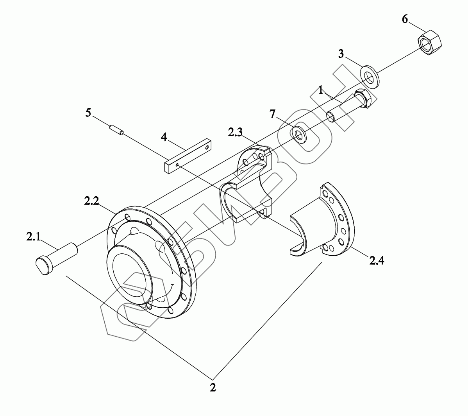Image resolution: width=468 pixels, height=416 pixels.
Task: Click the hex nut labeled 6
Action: click(x=429, y=42)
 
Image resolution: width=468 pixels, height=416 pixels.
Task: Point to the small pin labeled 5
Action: click(x=116, y=129)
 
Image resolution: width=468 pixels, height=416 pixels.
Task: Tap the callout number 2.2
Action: click(x=91, y=201)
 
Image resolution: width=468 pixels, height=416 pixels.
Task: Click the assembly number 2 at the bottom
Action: click(x=213, y=387)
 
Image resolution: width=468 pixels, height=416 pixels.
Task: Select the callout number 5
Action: click(x=88, y=113)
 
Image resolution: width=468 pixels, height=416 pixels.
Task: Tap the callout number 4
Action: click(x=164, y=137)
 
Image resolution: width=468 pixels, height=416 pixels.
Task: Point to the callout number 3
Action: click(x=341, y=54)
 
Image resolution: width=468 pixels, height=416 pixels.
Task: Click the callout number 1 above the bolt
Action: click(x=320, y=91)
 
